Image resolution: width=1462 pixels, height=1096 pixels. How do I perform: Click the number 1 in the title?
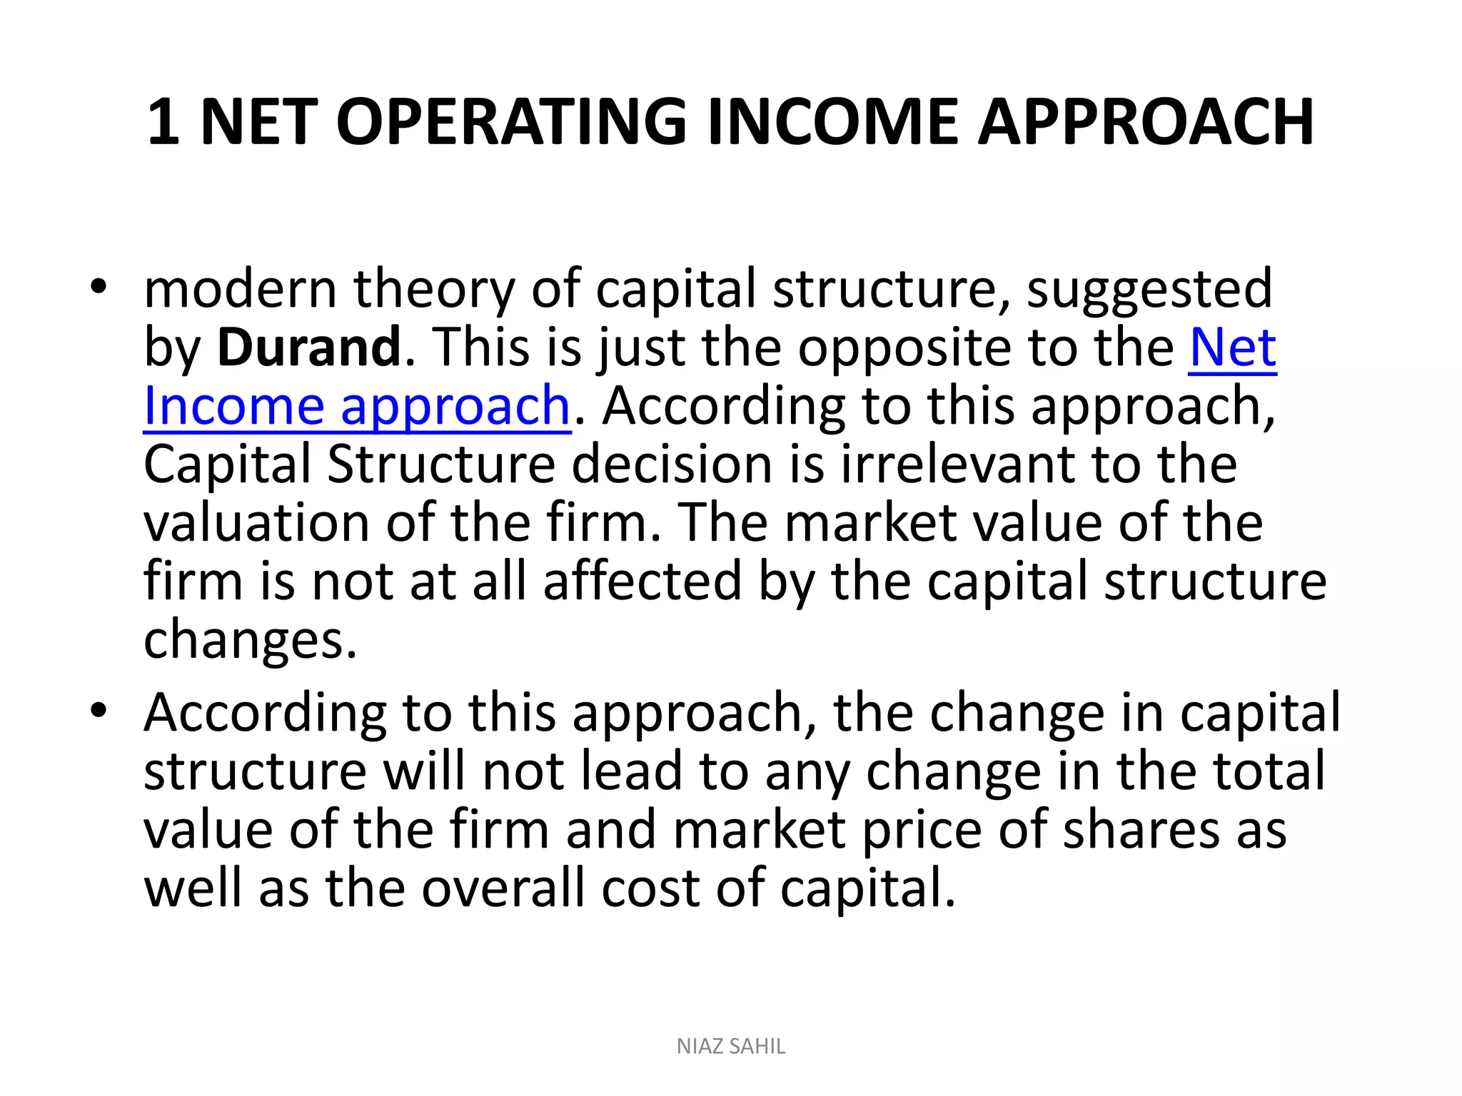pos(163,122)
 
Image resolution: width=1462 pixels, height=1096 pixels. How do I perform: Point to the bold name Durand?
pos(308,347)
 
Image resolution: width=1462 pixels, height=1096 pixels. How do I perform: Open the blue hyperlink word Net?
pos(1232,347)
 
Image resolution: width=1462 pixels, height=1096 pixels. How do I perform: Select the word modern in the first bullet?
pos(240,289)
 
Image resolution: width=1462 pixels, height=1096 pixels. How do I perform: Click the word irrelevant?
pos(957,465)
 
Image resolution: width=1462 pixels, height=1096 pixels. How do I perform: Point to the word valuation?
pos(256,523)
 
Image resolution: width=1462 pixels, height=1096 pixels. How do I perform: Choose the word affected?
pos(642,582)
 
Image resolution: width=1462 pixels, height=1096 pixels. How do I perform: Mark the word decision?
pos(672,465)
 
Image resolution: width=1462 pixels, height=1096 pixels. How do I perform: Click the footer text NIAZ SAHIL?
pos(731,1046)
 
